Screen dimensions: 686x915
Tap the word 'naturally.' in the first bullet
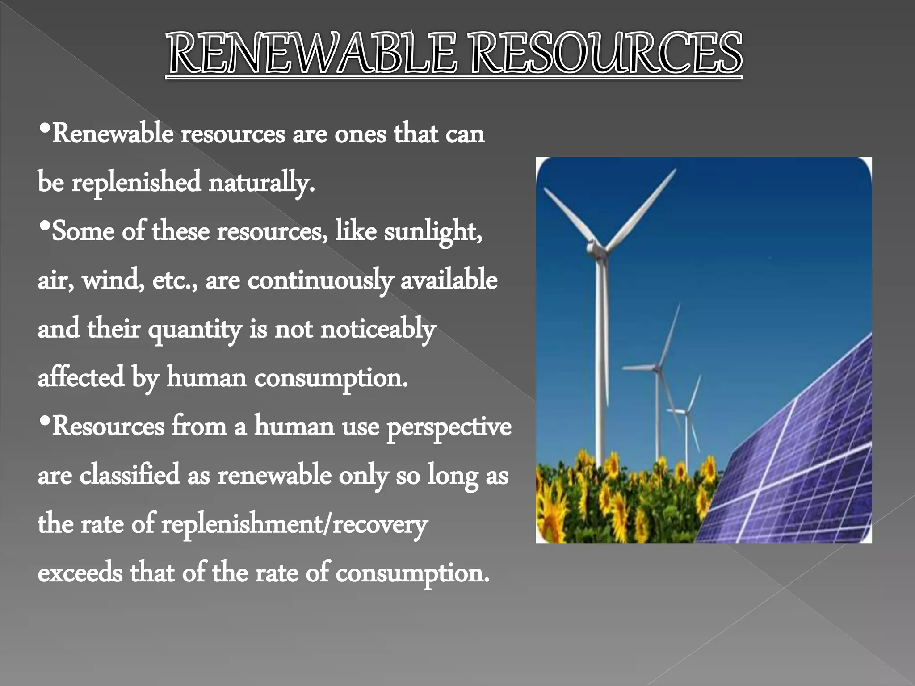pos(261,183)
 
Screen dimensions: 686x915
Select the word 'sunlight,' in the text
pos(433,232)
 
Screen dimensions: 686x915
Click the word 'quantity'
pos(195,330)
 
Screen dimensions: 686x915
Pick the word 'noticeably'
pos(378,330)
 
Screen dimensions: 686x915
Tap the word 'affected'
pos(81,378)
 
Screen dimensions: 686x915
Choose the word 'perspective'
pos(449,427)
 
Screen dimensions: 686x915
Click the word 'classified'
pos(130,475)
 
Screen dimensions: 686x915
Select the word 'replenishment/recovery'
pos(294,524)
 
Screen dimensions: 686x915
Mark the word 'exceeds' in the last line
pos(80,573)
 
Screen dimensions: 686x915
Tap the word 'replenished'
pos(136,183)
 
